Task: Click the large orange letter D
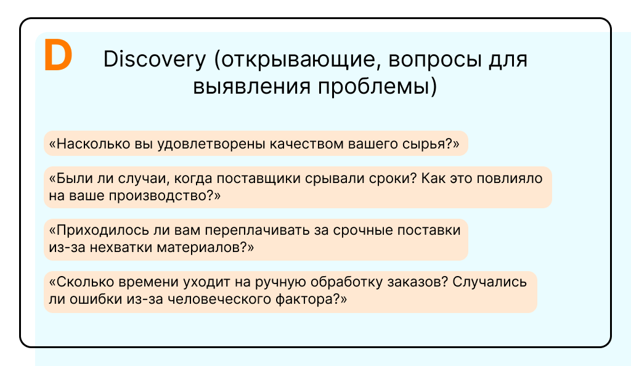pos(58,55)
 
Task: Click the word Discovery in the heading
pos(155,59)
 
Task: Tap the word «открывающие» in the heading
pos(298,60)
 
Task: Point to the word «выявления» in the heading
pos(251,87)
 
